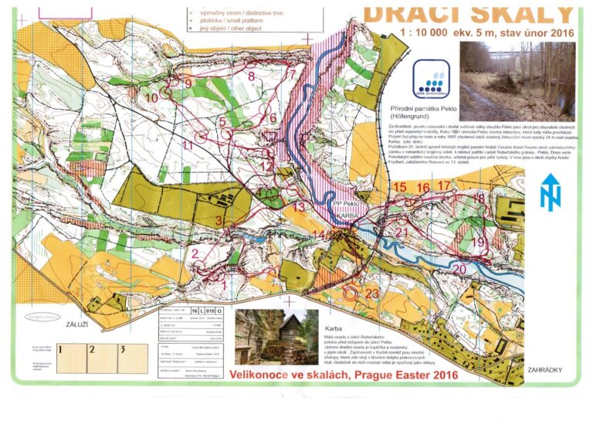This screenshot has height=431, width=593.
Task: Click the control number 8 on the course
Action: [x=251, y=76]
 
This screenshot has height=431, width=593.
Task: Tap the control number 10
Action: [x=152, y=98]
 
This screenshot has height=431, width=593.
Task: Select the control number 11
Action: [x=187, y=145]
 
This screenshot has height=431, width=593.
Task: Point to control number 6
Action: [x=272, y=118]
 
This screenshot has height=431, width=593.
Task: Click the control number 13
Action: [x=299, y=207]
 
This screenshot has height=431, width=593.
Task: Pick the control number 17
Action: [x=443, y=185]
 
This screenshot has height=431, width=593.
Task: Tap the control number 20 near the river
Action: [x=459, y=269]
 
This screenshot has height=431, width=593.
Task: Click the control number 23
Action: [x=372, y=294]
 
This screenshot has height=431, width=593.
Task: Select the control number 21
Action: [x=402, y=232]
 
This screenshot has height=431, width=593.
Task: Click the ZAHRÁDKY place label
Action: [x=549, y=370]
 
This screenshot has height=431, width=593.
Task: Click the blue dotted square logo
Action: [x=428, y=80]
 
